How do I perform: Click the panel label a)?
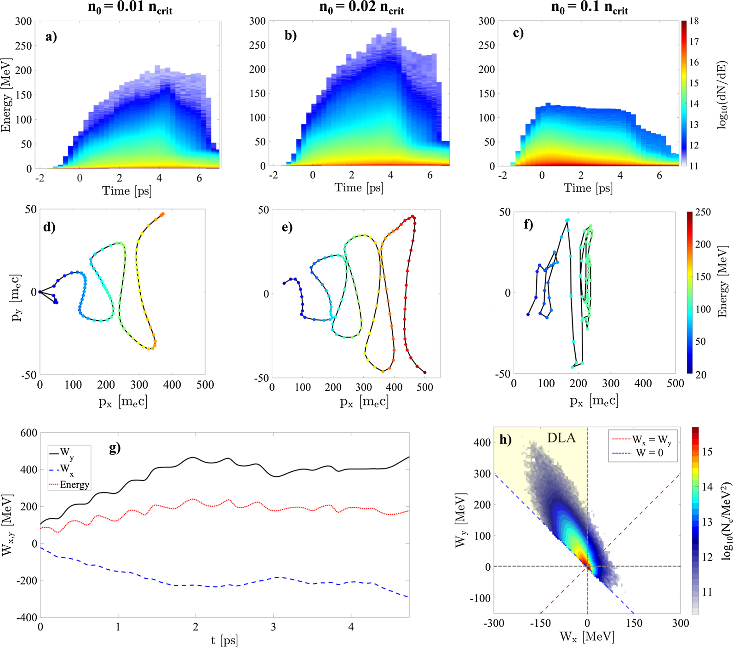pos(51,36)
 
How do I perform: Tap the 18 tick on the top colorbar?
pos(694,21)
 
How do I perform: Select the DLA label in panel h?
pos(561,438)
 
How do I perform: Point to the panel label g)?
pos(115,447)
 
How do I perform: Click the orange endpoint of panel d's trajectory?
pos(162,214)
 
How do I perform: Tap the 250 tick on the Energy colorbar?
pos(703,212)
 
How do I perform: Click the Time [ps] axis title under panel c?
pos(588,188)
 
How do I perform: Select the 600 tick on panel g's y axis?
pos(29,433)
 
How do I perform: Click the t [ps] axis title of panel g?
pos(224,640)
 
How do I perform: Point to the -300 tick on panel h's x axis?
pos(494,623)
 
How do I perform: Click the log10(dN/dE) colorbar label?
pos(722,94)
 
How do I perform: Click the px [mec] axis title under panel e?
pos(364,402)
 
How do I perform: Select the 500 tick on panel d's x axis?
pos(205,385)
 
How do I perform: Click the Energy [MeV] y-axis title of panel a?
pos(6,95)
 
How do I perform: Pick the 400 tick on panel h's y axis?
pos(482,442)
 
